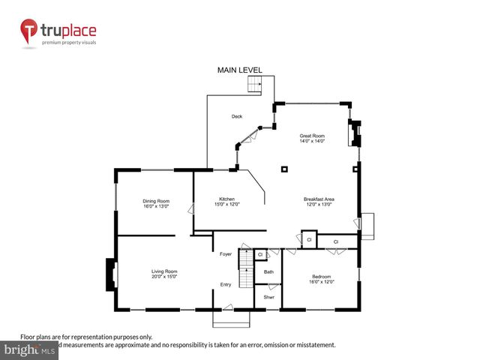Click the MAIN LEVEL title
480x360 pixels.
[240, 70]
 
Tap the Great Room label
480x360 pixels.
[312, 136]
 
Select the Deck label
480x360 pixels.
[236, 116]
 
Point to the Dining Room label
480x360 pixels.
[157, 200]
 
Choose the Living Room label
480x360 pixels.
[164, 271]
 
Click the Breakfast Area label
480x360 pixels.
[319, 199]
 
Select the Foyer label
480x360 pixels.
[226, 254]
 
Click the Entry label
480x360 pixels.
[226, 284]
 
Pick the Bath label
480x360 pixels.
[268, 271]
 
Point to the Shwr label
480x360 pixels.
[268, 297]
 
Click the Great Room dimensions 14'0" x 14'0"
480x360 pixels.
[312, 141]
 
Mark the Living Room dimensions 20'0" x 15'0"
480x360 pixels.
[164, 276]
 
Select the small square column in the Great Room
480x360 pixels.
[285, 169]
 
